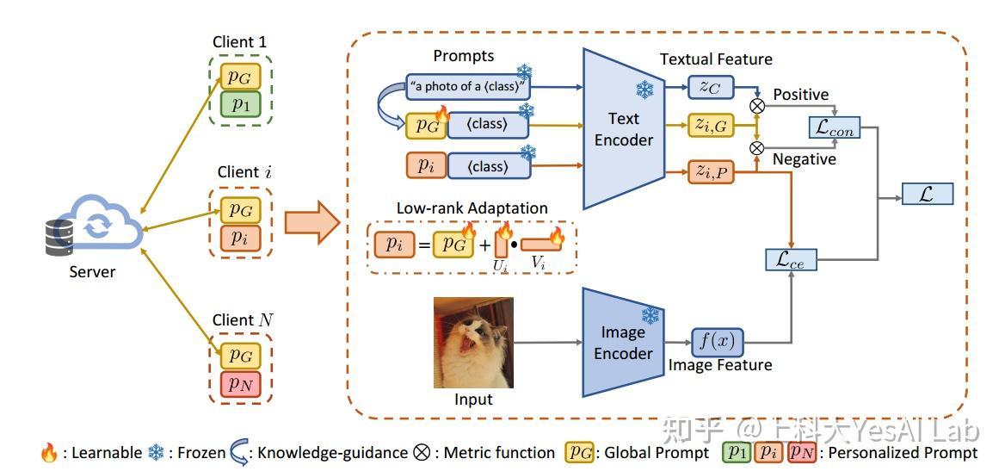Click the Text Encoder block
tap(624, 129)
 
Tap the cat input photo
tap(473, 343)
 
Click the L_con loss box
tap(835, 127)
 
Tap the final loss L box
tap(928, 193)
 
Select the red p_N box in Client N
tap(241, 382)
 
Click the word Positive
tap(801, 94)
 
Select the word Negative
tap(804, 159)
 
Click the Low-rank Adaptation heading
tap(472, 208)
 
